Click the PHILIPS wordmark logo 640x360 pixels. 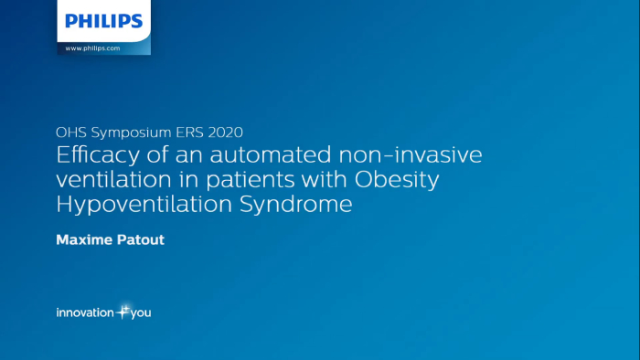tap(104, 21)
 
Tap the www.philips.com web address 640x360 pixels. tap(92, 48)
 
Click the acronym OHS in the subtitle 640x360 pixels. tap(71, 132)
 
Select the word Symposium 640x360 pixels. tap(132, 132)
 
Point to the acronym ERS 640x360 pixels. tap(190, 132)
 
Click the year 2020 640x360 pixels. tap(225, 132)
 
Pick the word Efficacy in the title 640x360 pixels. tap(98, 155)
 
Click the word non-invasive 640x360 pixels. tap(411, 155)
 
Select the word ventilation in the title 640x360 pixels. tap(114, 179)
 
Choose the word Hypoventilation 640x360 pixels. tap(144, 205)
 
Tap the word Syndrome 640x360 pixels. tap(296, 205)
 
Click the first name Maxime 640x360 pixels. tap(83, 239)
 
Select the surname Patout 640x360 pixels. tap(141, 239)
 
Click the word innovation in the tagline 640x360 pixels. tap(85, 312)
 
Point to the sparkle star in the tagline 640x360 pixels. tap(123, 312)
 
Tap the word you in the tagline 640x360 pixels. tap(141, 313)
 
